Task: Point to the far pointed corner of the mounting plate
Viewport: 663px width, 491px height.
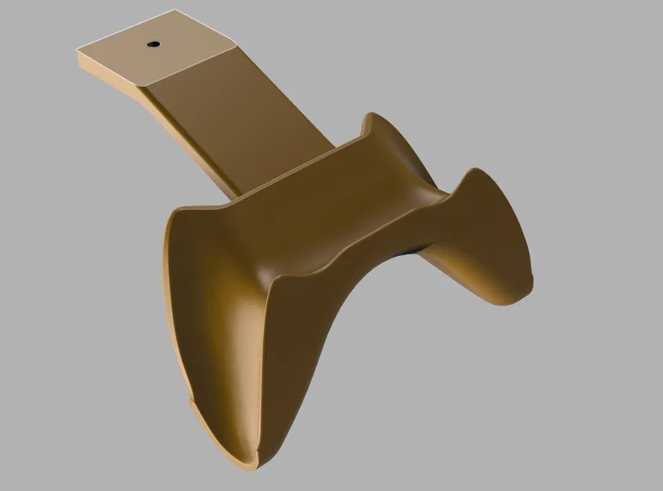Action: pyautogui.click(x=174, y=11)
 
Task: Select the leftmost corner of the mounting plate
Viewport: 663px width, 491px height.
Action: pyautogui.click(x=75, y=51)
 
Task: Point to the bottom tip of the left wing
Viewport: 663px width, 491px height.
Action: pyautogui.click(x=250, y=465)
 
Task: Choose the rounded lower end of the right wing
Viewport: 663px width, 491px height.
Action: pyautogui.click(x=522, y=295)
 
